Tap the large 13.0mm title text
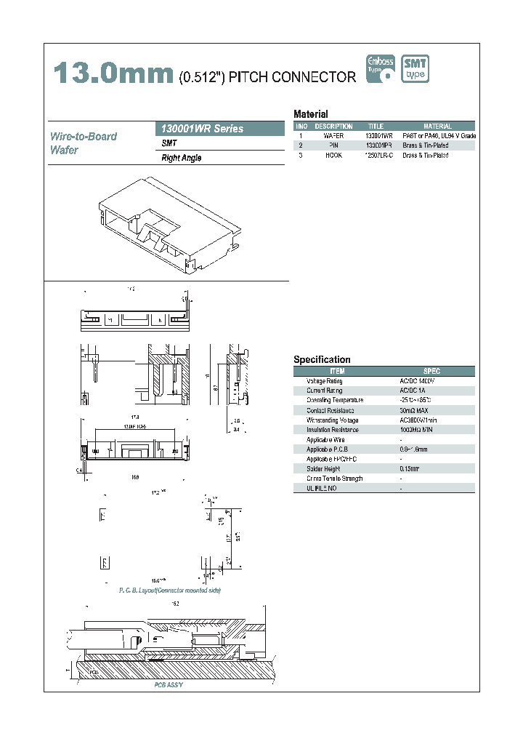coord(112,73)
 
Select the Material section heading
coord(311,114)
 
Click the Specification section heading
coord(322,359)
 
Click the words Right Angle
coord(182,158)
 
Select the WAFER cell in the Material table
coord(333,136)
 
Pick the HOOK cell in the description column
coord(333,156)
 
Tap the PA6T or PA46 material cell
coord(438,136)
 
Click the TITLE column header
coord(376,127)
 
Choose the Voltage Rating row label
coord(324,381)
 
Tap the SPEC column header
coord(421,371)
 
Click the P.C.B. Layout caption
coord(170,590)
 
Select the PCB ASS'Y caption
coord(169,685)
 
